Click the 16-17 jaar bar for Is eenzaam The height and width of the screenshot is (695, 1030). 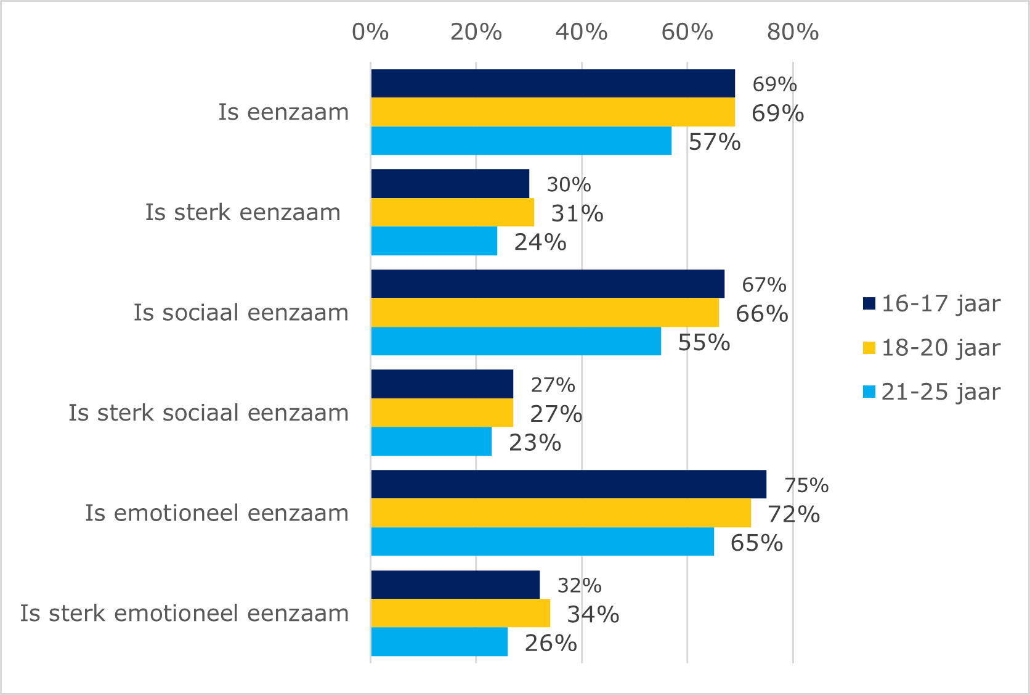553,83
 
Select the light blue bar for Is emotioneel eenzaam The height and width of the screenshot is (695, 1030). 542,541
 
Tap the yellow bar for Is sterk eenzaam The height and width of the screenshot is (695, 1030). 452,212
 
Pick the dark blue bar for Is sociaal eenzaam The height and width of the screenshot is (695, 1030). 547,284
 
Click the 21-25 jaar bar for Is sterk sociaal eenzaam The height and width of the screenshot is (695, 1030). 431,442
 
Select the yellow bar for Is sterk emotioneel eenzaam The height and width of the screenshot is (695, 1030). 460,613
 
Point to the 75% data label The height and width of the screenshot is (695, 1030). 806,485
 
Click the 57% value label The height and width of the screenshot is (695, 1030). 714,142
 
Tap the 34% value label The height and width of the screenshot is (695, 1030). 593,614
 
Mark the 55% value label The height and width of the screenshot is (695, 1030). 704,342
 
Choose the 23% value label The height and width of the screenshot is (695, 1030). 535,443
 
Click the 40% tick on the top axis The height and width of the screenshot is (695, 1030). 582,32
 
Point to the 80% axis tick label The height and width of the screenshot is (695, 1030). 793,32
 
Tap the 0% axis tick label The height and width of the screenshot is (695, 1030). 370,32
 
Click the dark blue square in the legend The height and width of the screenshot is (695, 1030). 869,303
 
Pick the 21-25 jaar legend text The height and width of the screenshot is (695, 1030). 940,392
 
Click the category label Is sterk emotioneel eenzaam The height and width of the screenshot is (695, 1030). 184,614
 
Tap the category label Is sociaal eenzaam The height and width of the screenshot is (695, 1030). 241,313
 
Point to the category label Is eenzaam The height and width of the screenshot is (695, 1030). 283,112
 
